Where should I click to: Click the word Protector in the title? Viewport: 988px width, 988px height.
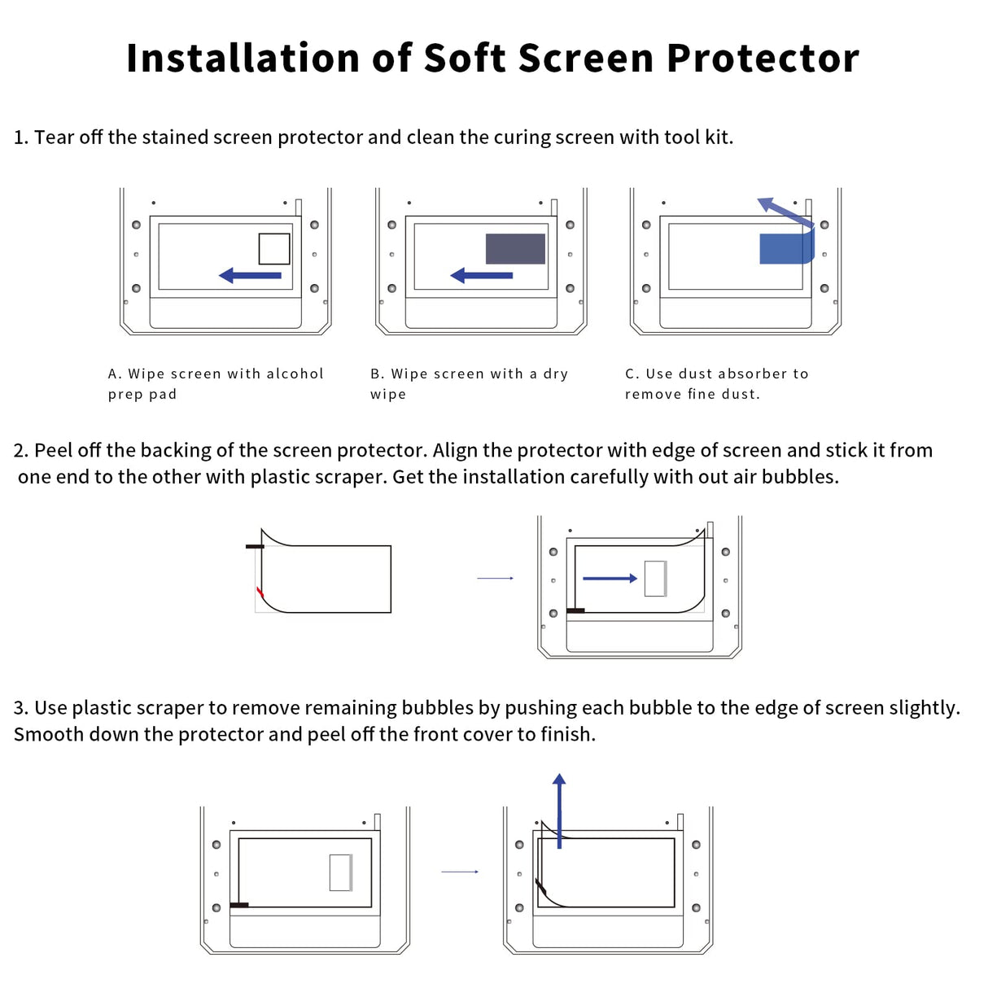coord(763,59)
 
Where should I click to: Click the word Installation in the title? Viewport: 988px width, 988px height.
coord(243,59)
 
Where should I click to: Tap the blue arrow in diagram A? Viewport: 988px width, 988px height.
coord(251,275)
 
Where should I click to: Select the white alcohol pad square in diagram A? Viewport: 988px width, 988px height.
coord(274,249)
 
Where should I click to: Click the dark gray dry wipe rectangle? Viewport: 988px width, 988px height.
coord(515,248)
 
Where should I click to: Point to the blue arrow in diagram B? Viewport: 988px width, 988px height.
coord(482,275)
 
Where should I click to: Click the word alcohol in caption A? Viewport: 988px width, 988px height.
coord(295,374)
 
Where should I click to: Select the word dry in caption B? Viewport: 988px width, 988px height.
coord(556,374)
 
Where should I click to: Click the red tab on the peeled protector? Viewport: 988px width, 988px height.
coord(260,592)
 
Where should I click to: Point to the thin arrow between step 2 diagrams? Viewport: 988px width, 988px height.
coord(495,579)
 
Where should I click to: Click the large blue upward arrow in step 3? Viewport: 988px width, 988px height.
coord(559,811)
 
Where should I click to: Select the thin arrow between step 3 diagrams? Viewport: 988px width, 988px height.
coord(460,872)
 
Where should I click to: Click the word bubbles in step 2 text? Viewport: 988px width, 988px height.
coord(808,477)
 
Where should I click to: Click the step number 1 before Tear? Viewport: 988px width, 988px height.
coord(20,138)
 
